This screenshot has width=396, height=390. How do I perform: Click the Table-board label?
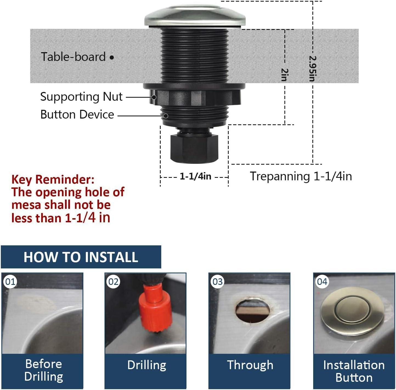point(73,57)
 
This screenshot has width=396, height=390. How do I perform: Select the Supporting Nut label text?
point(81,97)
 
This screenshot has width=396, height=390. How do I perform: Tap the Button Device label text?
point(77,114)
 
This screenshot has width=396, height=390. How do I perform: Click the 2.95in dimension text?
point(313,69)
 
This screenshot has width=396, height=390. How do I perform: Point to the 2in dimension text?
point(285,75)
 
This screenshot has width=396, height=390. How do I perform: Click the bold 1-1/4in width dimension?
point(195,176)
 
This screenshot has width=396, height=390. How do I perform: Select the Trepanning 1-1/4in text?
point(301,176)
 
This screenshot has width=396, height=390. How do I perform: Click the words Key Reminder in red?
point(53,179)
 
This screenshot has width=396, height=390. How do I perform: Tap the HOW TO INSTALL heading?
point(81,257)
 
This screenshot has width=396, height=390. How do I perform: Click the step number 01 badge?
point(10,282)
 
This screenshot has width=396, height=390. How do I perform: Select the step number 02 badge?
point(113,282)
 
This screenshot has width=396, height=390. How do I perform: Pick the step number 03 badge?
point(217,282)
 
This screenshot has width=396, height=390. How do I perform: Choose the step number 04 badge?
point(322,282)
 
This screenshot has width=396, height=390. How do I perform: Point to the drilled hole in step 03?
point(252,310)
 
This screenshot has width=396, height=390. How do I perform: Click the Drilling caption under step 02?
point(147,365)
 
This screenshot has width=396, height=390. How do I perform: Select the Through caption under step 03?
point(250,365)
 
